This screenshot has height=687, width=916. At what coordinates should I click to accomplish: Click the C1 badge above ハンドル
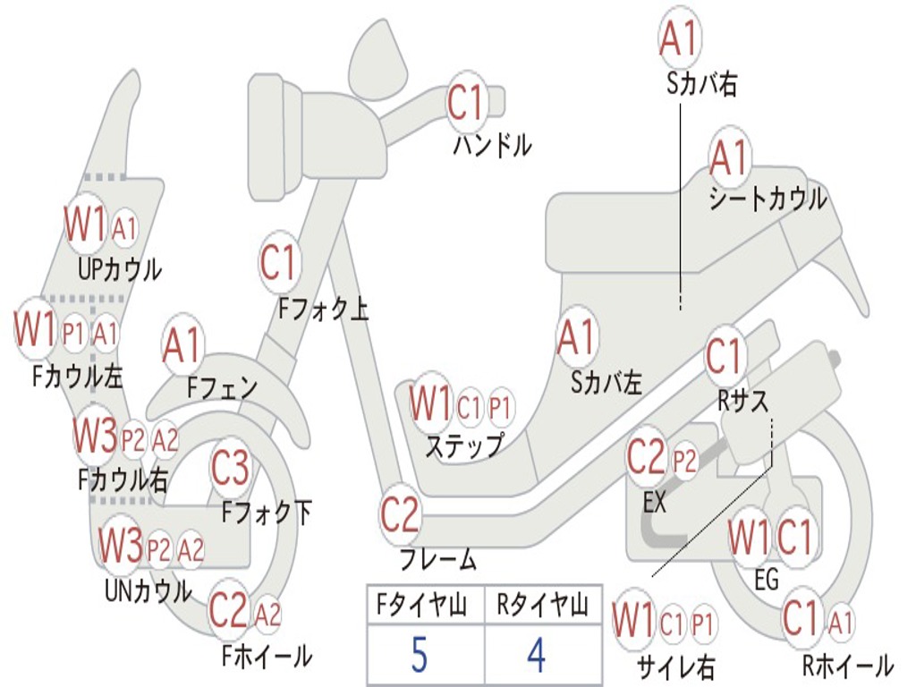[x=465, y=103]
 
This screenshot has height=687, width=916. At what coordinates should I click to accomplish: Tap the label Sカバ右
[x=702, y=84]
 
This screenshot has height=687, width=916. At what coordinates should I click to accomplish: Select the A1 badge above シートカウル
[x=729, y=159]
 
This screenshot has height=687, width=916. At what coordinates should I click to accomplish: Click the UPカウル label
[x=120, y=268]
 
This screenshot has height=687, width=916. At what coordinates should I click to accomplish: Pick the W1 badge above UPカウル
[x=85, y=225]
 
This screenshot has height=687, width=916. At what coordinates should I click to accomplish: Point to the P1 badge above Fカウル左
[x=74, y=335]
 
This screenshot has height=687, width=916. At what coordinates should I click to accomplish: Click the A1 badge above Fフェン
[x=182, y=345]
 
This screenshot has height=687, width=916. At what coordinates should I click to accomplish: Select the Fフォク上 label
[x=323, y=310]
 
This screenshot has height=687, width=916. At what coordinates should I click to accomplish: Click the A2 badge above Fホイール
[x=267, y=615]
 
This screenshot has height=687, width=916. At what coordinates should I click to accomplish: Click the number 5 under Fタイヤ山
[x=419, y=656]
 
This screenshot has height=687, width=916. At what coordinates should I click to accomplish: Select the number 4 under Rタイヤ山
[x=536, y=656]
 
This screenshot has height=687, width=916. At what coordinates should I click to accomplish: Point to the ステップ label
[x=463, y=445]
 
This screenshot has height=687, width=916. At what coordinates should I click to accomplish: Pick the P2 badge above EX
[x=684, y=462]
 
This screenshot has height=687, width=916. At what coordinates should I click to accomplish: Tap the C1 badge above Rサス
[x=725, y=357]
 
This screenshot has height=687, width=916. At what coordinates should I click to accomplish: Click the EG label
[x=767, y=580]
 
